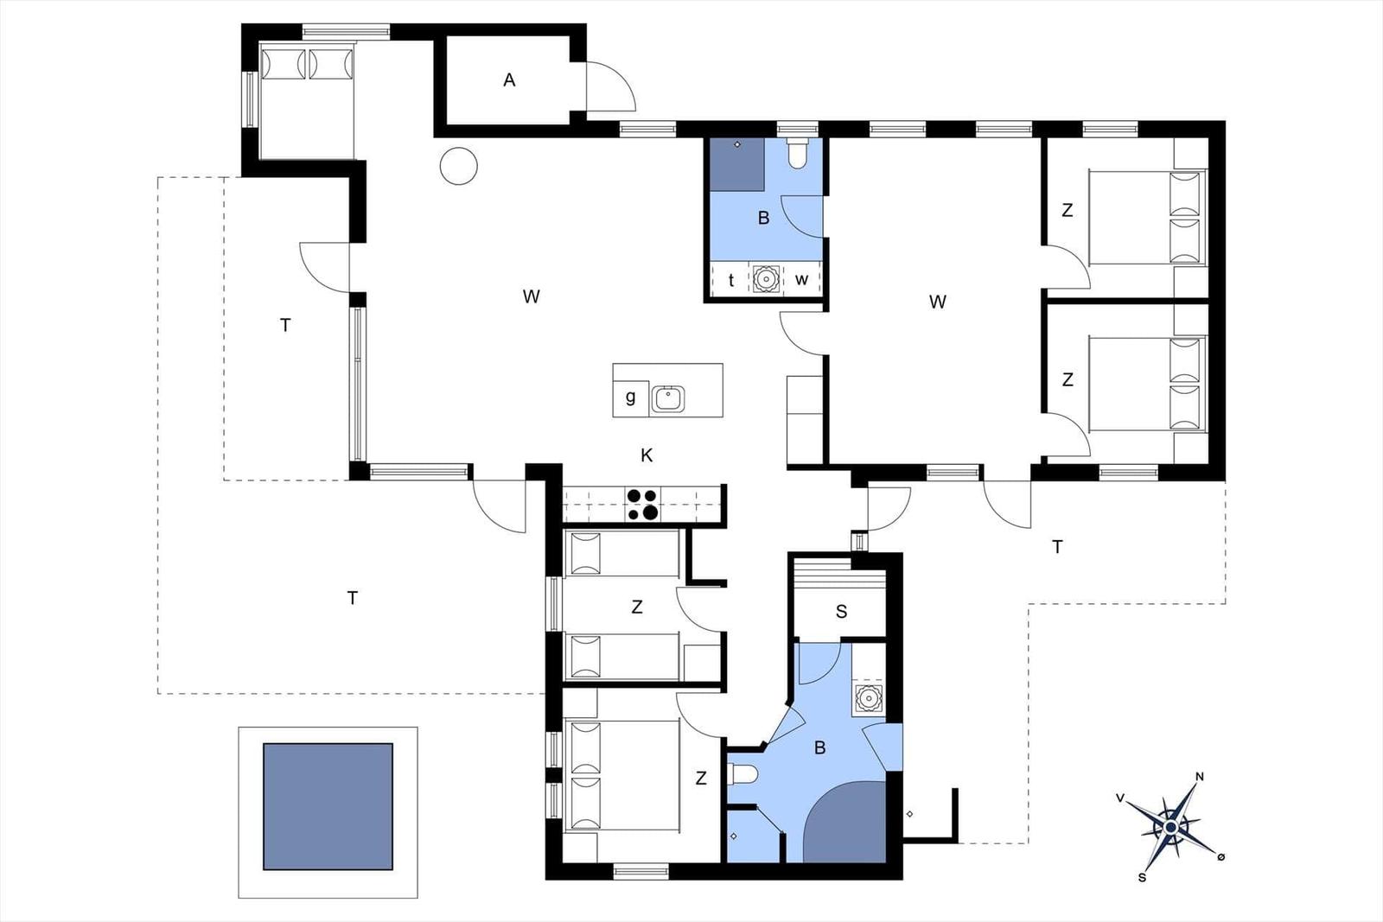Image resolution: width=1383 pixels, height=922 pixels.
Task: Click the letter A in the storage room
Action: coord(509,80)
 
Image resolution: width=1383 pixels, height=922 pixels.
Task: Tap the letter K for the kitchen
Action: coord(647,455)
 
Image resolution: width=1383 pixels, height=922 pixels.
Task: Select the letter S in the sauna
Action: coord(841,612)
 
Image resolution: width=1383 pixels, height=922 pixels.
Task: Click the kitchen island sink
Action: coord(667,398)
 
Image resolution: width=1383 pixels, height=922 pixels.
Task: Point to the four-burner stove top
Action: coord(642,504)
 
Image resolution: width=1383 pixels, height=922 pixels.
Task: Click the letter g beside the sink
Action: coord(630,397)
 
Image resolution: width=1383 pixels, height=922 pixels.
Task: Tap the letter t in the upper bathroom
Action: coord(731,280)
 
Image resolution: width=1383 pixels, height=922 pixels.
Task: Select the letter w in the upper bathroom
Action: coord(801,280)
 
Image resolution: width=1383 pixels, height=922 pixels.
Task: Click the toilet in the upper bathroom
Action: coord(797,154)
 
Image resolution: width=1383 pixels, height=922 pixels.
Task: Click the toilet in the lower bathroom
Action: coord(742,774)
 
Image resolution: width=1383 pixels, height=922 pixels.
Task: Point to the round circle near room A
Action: coord(459,165)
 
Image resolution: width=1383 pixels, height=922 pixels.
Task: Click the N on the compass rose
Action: coord(1200,776)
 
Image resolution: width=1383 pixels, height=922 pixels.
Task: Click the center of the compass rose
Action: coord(1171,828)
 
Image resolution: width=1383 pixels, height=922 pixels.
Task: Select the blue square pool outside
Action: coord(328,806)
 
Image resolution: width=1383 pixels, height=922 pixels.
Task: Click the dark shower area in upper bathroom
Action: coord(737,164)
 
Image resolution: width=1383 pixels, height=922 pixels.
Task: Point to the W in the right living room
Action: coord(937,302)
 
